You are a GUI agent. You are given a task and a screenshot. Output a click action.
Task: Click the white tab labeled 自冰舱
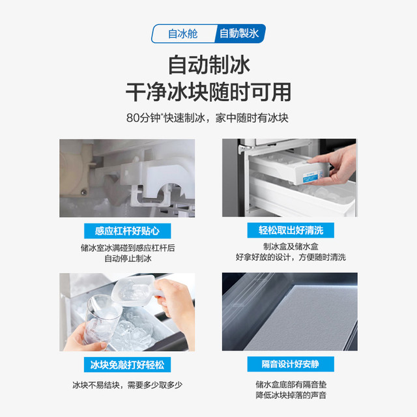click(x=184, y=34)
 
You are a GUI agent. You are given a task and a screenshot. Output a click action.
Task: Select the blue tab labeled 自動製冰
click(x=240, y=33)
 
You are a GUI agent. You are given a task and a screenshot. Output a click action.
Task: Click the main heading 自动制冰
click(x=209, y=65)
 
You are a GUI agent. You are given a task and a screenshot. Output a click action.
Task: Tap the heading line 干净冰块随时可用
click(x=208, y=92)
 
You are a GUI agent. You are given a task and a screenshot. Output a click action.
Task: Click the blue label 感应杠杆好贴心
click(x=128, y=231)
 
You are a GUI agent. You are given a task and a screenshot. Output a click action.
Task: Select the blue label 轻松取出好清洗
click(x=291, y=230)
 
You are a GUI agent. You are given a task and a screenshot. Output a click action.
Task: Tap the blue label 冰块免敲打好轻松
click(x=128, y=365)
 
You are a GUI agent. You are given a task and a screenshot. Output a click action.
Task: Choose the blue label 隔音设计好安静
click(x=291, y=364)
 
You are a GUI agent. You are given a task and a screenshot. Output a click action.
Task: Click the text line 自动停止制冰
click(x=128, y=259)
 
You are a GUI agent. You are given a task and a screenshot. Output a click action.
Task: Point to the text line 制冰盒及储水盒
click(x=291, y=246)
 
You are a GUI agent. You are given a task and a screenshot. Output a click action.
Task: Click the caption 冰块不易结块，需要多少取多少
click(x=128, y=385)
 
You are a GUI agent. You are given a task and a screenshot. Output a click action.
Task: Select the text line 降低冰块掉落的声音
click(x=291, y=395)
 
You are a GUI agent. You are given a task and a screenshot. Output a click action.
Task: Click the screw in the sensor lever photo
click(x=83, y=192)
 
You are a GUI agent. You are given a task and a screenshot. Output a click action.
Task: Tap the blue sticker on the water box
click(x=311, y=176)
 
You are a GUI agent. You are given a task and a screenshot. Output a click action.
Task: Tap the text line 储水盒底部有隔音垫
click(x=291, y=384)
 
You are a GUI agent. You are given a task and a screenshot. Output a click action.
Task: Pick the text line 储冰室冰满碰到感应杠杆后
click(x=128, y=248)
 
